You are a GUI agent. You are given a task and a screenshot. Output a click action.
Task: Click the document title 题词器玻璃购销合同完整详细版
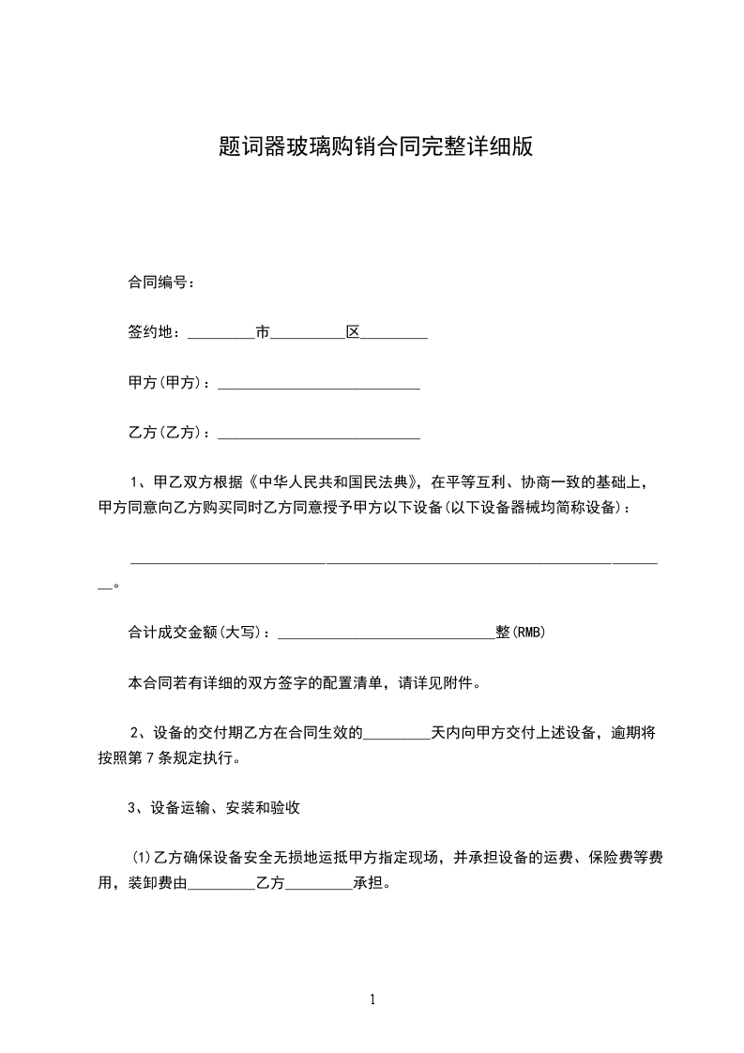click(x=374, y=147)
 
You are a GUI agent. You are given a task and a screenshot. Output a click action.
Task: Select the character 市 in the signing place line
click(x=263, y=332)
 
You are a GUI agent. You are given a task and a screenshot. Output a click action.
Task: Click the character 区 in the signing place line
click(x=354, y=332)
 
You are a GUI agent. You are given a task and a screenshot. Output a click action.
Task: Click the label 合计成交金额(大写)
click(x=197, y=633)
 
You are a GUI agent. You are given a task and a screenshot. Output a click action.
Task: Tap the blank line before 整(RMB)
click(x=387, y=635)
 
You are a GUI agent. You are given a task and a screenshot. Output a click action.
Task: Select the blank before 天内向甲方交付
click(x=396, y=735)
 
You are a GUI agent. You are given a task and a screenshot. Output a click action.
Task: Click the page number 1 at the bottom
click(x=372, y=1000)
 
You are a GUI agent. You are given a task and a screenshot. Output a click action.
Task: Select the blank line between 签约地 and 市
click(x=221, y=334)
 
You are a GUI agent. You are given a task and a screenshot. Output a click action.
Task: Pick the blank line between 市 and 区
click(x=308, y=334)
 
